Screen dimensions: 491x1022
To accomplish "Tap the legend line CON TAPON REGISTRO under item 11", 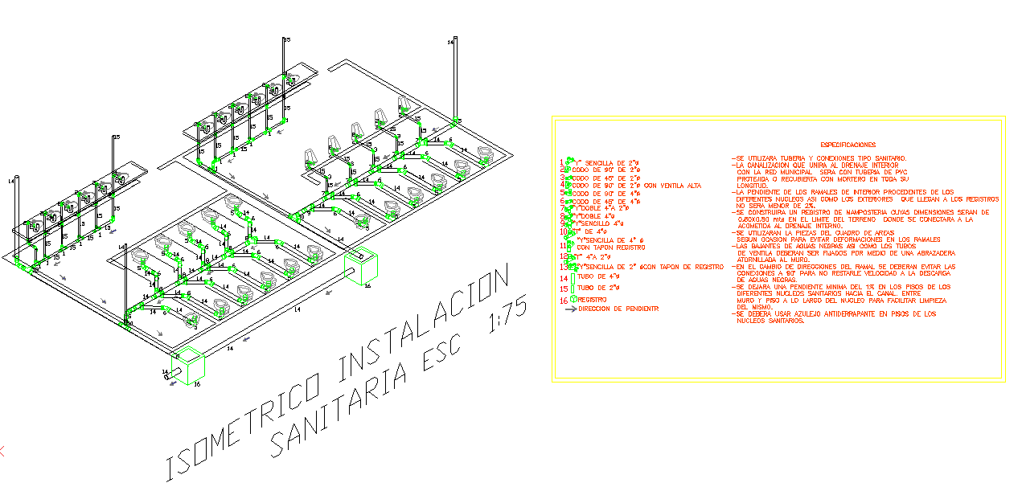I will tap(611, 248).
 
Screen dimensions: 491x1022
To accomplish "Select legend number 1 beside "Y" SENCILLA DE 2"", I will tap(562, 162).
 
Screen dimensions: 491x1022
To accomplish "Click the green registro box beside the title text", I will tap(360, 266).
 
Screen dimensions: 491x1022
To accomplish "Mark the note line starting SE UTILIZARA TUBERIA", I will tap(821, 158).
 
